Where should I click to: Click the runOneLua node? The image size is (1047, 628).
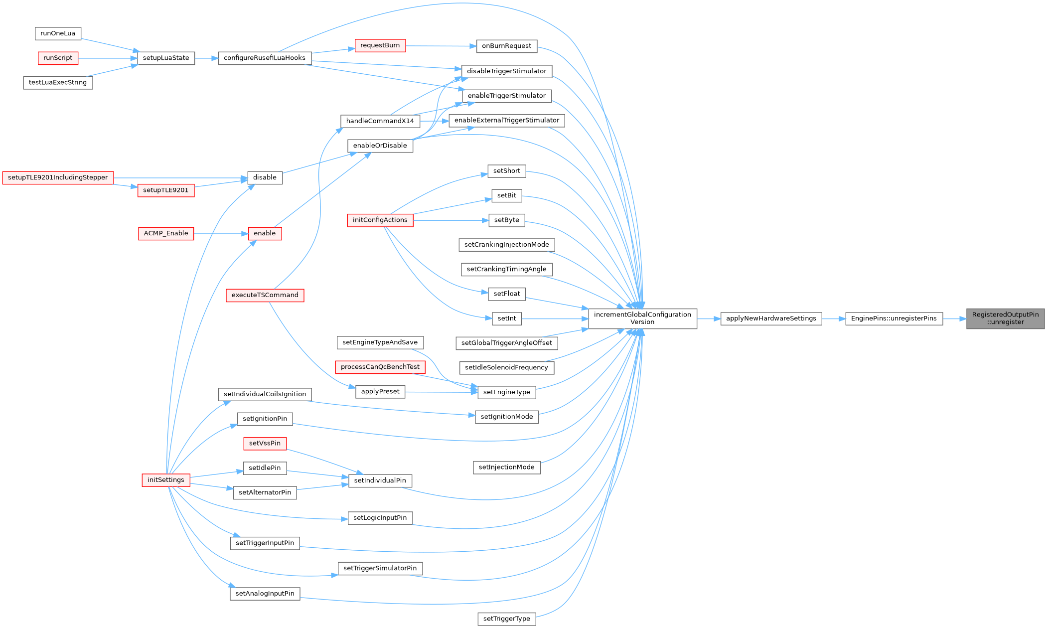[58, 33]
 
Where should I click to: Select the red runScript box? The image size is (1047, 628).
[58, 58]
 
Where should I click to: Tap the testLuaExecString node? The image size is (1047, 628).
[58, 82]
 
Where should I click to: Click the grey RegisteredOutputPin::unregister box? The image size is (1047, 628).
[1005, 318]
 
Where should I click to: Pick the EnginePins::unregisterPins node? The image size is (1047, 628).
[894, 318]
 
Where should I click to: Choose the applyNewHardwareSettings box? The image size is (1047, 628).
[771, 318]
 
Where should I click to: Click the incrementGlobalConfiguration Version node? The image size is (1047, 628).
[642, 318]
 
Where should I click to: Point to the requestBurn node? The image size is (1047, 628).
[380, 45]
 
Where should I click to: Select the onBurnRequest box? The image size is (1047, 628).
[506, 46]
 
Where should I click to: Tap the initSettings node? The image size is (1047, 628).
[165, 480]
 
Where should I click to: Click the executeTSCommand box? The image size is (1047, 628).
[265, 295]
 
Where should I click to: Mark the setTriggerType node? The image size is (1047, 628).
[506, 619]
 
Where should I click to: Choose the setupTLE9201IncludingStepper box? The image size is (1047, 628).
[58, 177]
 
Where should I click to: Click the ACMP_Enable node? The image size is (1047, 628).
[166, 233]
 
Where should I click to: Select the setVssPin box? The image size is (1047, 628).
[265, 443]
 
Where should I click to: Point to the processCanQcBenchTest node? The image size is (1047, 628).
[380, 367]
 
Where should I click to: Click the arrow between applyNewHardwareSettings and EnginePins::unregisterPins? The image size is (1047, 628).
[833, 318]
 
